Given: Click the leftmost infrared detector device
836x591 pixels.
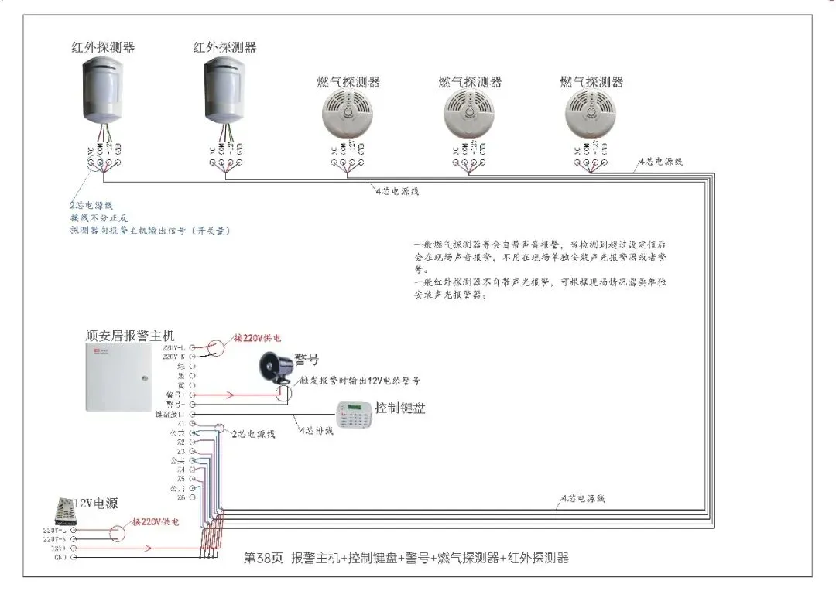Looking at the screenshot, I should coord(103,91).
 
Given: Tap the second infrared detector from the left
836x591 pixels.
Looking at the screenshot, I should coord(225,91).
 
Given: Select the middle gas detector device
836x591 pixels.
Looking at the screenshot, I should coord(470,113).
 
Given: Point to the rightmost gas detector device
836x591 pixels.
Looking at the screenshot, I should coord(591,113).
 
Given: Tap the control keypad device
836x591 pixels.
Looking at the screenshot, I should coord(353,418).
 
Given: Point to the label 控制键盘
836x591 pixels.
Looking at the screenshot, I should coord(399,408).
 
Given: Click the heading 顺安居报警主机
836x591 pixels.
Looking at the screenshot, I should coord(130,336).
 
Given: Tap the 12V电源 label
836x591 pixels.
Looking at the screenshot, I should coord(95,503).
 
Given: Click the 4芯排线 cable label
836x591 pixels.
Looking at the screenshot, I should coord(316,430).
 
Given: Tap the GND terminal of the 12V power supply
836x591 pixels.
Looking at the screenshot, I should coord(74,556).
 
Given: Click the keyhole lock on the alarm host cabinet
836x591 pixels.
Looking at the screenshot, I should coord(144,378).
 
